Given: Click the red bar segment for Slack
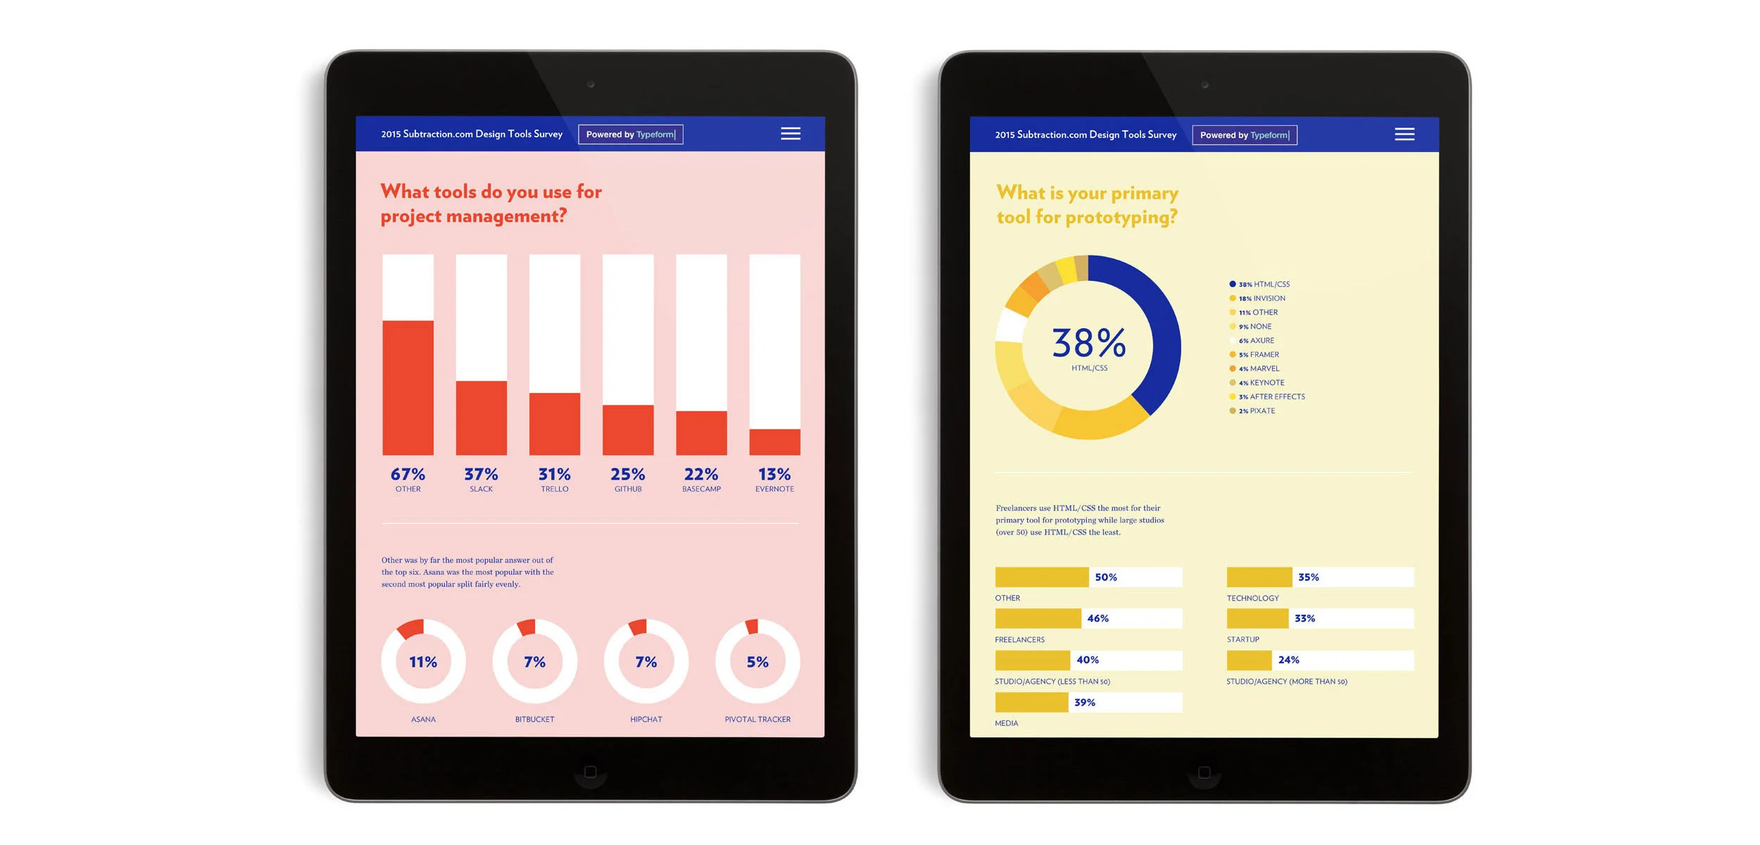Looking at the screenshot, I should (481, 418).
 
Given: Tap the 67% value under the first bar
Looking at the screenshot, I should (408, 474).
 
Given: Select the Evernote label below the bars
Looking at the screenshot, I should (774, 489).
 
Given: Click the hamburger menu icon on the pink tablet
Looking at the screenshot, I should (790, 134).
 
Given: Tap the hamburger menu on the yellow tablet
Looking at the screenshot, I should (1404, 134).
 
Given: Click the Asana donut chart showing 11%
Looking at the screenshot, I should (423, 661).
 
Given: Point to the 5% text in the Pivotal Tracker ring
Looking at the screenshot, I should (758, 662).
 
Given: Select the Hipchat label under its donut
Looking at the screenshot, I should (646, 719).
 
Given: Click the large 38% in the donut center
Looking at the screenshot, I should (1088, 343).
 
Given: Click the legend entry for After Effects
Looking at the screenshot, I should (1271, 397).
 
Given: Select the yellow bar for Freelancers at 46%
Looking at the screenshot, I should (1038, 618).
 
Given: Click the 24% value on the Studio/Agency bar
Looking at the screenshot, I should (1288, 660).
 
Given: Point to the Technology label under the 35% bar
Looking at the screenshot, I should (1252, 598).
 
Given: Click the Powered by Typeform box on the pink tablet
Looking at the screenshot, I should (630, 134).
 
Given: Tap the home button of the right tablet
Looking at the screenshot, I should (1204, 772).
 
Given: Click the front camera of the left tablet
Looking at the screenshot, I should (591, 84).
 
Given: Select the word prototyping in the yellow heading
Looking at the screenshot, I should (1121, 218).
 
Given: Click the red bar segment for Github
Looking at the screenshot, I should (627, 430).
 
